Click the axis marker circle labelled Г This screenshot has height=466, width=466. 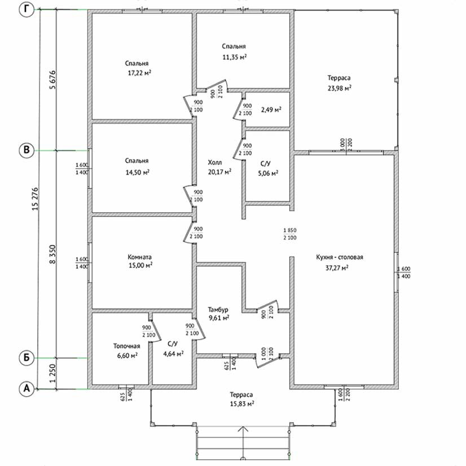[27, 10]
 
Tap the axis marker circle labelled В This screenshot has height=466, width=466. [27, 150]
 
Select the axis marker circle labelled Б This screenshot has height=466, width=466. [27, 358]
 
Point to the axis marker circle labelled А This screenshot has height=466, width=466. [27, 389]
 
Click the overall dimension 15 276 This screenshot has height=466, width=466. [35, 199]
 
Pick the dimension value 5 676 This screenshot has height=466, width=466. [52, 80]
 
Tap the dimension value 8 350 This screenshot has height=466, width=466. [52, 254]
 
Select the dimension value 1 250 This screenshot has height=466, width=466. [52, 373]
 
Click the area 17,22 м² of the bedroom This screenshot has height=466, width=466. [139, 73]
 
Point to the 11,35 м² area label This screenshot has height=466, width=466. [235, 57]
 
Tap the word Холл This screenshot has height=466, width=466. [215, 162]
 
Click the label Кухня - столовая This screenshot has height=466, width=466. [340, 257]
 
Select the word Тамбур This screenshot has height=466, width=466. [218, 309]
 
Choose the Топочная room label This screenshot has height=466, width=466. [126, 346]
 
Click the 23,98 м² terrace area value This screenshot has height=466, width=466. [340, 88]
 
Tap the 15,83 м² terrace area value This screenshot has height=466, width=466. [242, 403]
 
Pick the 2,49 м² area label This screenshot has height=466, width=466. [271, 109]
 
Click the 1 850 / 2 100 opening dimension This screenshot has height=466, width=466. [290, 234]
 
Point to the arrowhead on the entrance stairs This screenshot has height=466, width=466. [243, 429]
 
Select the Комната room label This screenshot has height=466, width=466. [139, 257]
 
